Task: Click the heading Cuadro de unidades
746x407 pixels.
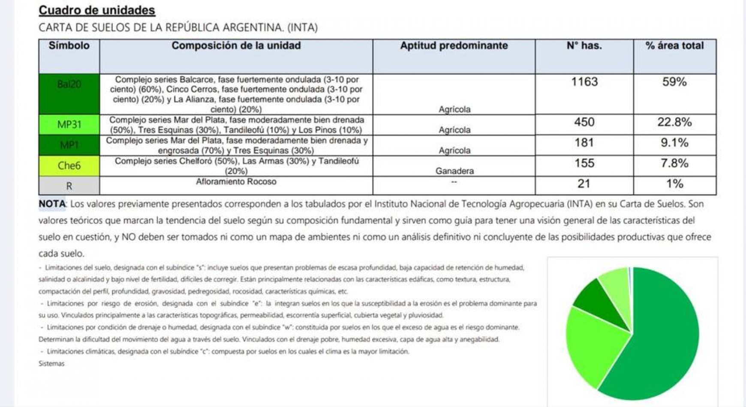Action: [x=97, y=10]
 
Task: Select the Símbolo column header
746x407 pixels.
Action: [x=69, y=46]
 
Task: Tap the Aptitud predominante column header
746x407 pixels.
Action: [x=454, y=46]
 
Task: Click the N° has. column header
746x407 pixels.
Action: [x=584, y=46]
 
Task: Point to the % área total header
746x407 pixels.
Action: [x=674, y=46]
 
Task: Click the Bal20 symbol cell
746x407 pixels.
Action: [x=69, y=84]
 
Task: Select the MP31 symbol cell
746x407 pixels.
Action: [x=69, y=125]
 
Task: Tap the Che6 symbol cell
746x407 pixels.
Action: [x=69, y=166]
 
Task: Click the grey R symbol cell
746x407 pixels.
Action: [x=69, y=186]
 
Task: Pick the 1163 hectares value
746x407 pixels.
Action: [x=584, y=82]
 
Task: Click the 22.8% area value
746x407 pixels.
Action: [x=674, y=123]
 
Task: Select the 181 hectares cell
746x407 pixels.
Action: [x=584, y=143]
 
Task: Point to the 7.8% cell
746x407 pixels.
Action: [x=674, y=163]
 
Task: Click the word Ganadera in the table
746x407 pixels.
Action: [x=454, y=171]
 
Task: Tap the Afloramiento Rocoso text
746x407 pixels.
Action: [x=236, y=182]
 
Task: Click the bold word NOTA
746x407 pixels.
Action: [x=52, y=204]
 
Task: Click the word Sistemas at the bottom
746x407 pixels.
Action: [x=51, y=363]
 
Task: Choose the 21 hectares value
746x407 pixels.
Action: [x=584, y=184]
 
